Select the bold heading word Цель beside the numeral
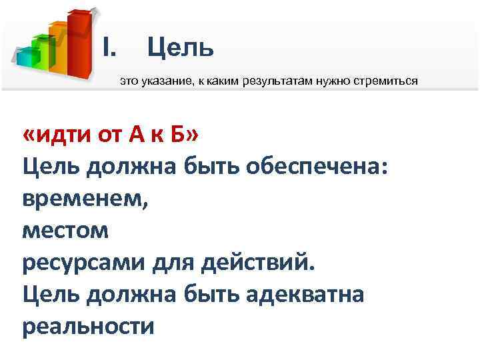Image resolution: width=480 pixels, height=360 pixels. point(180,47)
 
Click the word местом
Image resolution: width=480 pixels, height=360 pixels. point(64,231)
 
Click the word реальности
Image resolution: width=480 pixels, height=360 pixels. point(88,326)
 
